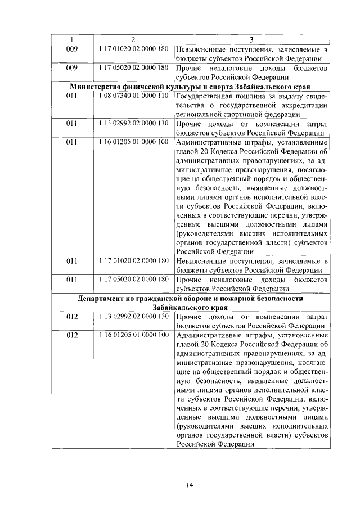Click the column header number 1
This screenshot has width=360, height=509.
click(x=71, y=39)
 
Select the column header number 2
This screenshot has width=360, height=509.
click(x=133, y=39)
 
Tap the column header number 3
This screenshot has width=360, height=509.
click(x=251, y=39)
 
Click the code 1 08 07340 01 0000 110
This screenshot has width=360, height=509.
click(x=133, y=96)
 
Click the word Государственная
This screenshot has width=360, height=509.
click(x=202, y=96)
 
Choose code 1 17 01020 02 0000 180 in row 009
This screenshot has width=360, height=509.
click(x=133, y=49)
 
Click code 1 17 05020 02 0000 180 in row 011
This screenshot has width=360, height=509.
click(x=133, y=279)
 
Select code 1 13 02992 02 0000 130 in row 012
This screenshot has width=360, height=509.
click(x=133, y=317)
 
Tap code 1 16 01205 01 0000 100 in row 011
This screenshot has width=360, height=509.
click(x=133, y=142)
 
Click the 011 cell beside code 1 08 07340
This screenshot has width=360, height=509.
click(x=71, y=96)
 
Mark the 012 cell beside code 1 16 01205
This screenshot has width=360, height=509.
click(x=71, y=335)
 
